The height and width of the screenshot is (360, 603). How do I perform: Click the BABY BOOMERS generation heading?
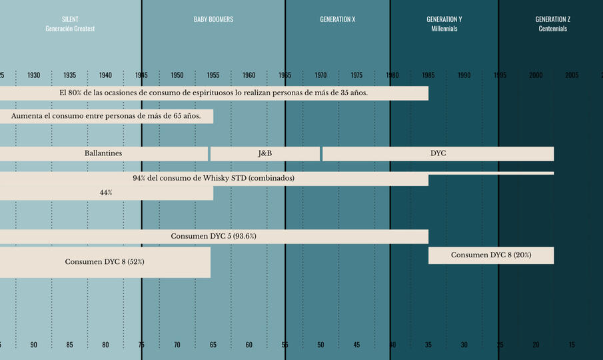click(213, 19)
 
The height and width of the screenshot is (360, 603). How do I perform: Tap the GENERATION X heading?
click(337, 19)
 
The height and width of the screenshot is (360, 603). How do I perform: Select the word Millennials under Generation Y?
click(444, 29)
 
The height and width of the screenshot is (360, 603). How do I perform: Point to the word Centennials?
click(552, 29)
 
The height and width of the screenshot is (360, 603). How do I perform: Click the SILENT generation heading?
click(70, 19)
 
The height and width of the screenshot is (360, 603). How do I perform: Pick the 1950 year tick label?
click(177, 75)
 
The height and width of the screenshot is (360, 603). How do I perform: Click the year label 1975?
click(356, 75)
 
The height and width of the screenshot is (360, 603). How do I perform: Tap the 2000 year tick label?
click(536, 75)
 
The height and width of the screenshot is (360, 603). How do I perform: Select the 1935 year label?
click(70, 75)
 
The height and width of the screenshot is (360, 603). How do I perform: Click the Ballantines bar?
click(103, 153)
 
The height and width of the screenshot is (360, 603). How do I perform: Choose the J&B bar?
click(265, 153)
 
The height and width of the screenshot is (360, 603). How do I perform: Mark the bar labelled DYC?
click(438, 153)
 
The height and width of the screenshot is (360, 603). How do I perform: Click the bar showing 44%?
click(106, 193)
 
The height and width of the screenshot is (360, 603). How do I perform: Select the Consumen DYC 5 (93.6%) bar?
click(213, 236)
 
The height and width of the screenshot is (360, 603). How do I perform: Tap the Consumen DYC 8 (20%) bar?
click(490, 255)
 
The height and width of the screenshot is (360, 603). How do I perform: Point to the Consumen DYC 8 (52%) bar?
click(105, 261)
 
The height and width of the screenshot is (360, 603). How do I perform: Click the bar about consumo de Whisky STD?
click(213, 179)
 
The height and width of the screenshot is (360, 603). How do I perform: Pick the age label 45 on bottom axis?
click(356, 345)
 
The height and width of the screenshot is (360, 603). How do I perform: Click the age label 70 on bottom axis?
click(177, 345)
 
